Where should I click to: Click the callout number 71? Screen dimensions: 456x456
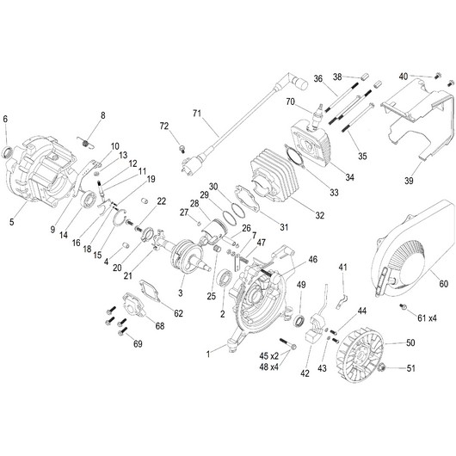pos(197,113)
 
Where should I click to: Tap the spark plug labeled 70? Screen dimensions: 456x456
pos(317,114)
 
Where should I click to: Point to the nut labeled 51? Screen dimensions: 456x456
pos(381,367)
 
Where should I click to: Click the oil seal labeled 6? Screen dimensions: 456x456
pos(7,152)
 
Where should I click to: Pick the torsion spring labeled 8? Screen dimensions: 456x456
pos(85,143)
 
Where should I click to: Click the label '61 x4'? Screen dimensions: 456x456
pos(427,318)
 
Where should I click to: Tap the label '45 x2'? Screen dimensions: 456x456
pos(268,355)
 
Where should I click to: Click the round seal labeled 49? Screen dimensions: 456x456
pos(299,320)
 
